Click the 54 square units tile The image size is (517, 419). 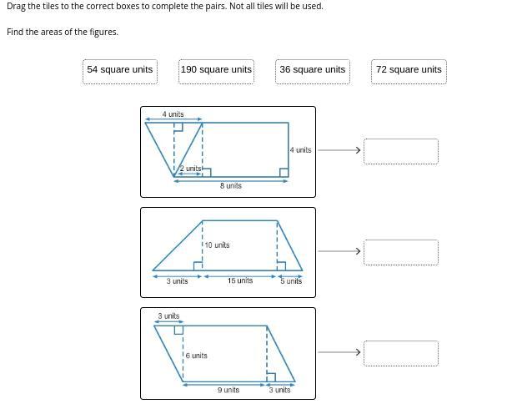click(120, 72)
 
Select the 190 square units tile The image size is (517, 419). click(216, 72)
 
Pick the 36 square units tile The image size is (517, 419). click(313, 72)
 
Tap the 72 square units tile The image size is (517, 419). click(409, 72)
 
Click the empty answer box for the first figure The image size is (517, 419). click(401, 151)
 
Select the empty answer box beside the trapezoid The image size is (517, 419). click(401, 252)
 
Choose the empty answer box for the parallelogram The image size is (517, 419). click(401, 353)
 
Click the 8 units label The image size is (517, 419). click(231, 186)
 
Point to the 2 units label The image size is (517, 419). click(190, 169)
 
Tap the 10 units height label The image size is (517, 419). click(217, 245)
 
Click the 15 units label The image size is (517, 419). click(240, 280)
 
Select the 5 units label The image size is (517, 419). click(291, 281)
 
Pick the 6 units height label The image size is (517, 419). click(196, 356)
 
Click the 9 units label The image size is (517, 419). click(228, 390)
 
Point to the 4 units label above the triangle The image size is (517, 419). click(173, 114)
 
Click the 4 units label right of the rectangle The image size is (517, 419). click(300, 150)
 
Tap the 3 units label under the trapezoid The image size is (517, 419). click(177, 281)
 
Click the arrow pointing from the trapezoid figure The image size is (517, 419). click(339, 251)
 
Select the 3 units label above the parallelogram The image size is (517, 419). click(168, 316)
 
